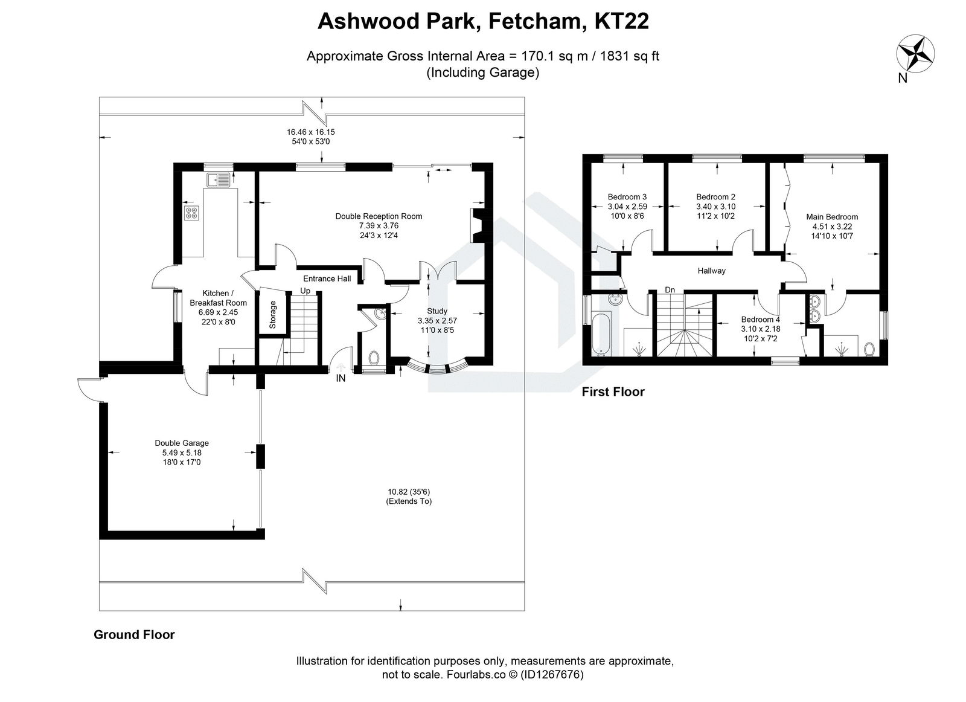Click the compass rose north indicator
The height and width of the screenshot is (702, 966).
916,53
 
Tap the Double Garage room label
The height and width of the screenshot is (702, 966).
182,443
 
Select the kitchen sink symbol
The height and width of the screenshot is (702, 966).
218,179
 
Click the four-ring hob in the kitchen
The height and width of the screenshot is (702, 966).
191,212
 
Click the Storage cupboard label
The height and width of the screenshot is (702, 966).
272,314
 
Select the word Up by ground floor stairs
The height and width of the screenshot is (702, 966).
305,291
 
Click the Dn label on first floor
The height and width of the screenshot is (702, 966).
670,290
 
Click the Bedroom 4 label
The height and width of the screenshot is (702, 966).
760,320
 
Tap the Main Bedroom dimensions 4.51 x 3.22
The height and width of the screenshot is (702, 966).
831,227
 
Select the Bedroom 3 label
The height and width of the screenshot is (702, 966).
627,197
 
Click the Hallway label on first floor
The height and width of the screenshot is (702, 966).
711,271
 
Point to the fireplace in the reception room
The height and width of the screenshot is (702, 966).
476,225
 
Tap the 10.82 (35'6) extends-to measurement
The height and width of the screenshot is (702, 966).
409,492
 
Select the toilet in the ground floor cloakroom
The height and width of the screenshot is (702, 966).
373,357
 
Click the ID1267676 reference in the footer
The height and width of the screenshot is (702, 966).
551,675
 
